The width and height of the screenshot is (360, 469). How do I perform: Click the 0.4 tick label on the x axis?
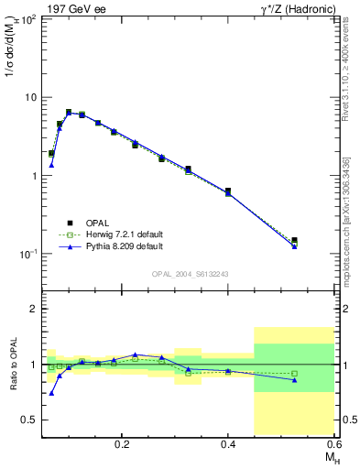pyautogui.click(x=228, y=442)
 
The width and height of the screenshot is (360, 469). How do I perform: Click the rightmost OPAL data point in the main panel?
pyautogui.click(x=294, y=241)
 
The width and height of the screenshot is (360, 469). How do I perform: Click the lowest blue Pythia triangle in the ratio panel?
pyautogui.click(x=51, y=393)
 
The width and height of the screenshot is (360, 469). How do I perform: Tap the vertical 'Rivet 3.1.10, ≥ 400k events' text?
pyautogui.click(x=345, y=69)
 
